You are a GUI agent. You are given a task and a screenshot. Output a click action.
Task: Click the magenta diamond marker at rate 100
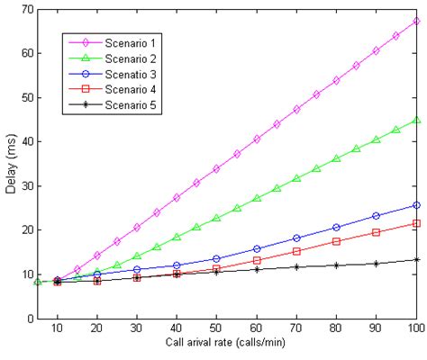415,21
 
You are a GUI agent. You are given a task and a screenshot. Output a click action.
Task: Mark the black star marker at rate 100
415,259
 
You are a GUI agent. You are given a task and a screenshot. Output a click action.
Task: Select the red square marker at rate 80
336,241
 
